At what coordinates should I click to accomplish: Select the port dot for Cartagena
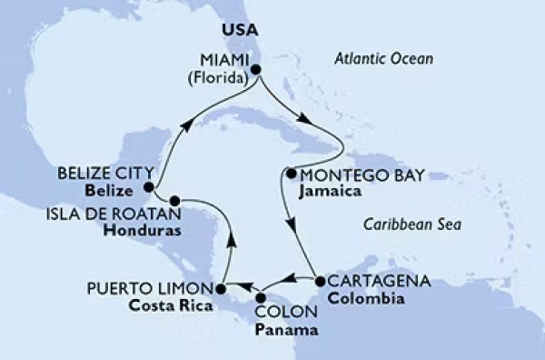click(319, 281)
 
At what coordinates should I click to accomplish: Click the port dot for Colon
click(261, 297)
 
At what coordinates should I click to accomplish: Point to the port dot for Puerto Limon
click(218, 289)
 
